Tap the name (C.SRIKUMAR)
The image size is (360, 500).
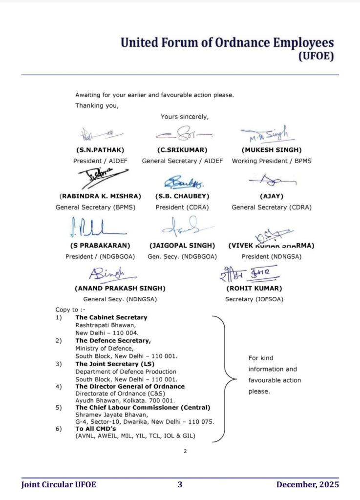tap(182, 149)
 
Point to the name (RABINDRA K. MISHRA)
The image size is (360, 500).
tap(100, 196)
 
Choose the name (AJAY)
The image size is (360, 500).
tap(271, 196)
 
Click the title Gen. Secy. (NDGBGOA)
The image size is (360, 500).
tap(182, 256)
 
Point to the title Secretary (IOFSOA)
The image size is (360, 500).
tap(254, 299)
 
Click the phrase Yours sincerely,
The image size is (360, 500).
tap(185, 116)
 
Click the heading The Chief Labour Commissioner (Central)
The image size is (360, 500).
tap(143, 407)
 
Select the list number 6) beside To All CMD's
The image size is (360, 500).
tap(59, 429)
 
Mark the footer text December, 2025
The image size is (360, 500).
tap(307, 484)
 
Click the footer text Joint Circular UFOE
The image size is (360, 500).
tap(59, 484)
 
